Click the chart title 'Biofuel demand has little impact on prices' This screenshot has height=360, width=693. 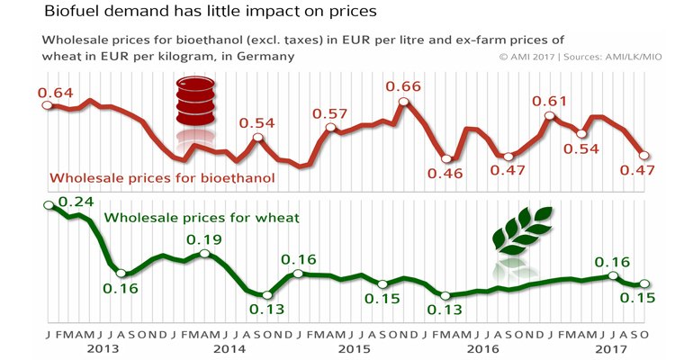coord(185,13)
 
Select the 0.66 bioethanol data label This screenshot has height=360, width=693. coord(401,86)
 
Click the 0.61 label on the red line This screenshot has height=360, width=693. coord(550,101)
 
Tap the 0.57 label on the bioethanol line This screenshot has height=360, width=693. coord(329,114)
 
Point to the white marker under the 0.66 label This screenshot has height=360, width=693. coord(402,103)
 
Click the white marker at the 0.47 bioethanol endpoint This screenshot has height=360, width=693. coord(643,155)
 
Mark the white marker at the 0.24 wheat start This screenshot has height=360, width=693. coord(49,206)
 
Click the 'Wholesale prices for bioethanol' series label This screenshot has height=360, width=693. coord(163,177)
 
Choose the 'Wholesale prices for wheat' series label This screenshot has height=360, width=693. coord(202,218)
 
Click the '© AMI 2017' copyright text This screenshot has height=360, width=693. coord(533,56)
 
